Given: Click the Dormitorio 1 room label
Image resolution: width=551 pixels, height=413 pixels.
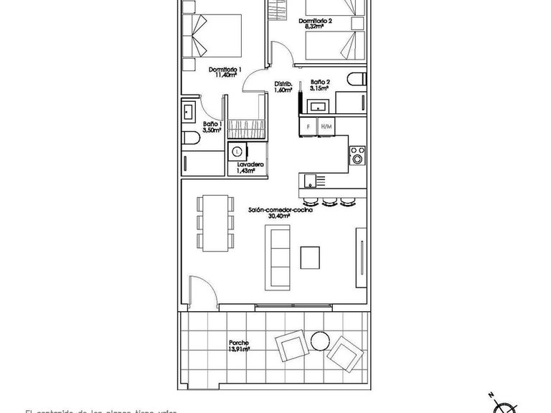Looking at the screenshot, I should (x=225, y=70).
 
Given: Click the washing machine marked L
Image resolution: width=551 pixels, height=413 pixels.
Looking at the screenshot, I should (x=237, y=151).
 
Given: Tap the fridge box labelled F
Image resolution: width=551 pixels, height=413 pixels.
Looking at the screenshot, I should (x=308, y=126).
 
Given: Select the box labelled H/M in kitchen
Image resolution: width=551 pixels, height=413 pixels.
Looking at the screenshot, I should (x=327, y=126).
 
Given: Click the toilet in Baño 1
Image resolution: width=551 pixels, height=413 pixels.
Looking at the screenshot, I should (x=190, y=139).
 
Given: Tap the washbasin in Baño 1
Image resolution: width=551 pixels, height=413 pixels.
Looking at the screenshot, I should (x=189, y=112).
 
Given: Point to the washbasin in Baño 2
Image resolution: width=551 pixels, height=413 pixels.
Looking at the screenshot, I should (x=316, y=107).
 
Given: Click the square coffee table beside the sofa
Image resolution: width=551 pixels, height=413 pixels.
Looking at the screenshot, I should (x=311, y=256).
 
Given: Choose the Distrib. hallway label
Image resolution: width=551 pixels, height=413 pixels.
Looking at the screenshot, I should (x=283, y=87).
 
